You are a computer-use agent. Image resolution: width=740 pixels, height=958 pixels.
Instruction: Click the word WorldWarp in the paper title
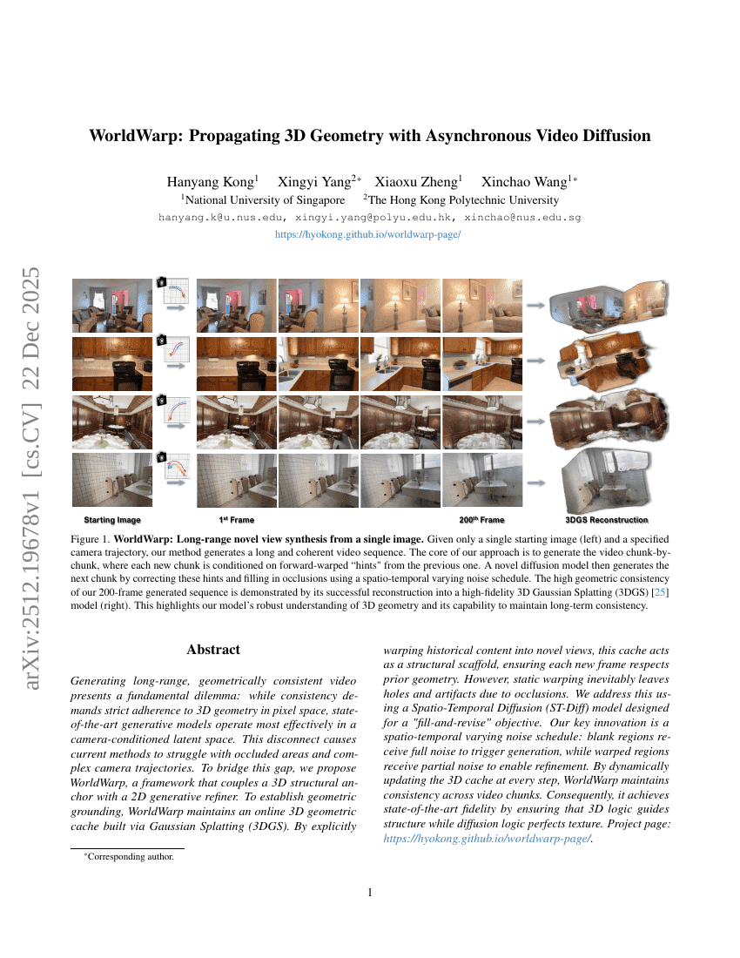tap(136, 136)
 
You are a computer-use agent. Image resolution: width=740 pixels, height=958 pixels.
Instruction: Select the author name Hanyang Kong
tap(212, 182)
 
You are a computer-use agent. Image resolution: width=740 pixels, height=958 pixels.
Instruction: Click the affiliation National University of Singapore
tap(263, 200)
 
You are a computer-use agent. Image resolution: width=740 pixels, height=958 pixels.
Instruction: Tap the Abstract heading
tap(213, 650)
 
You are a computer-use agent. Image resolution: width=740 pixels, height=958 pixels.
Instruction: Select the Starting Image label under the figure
tap(112, 520)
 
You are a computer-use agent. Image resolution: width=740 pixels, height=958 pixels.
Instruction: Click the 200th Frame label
tap(481, 520)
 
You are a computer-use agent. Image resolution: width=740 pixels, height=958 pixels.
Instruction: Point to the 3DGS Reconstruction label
tap(607, 520)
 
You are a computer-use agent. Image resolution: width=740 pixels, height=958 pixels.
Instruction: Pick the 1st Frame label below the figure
tap(236, 520)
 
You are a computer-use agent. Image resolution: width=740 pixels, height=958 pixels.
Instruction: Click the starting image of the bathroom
tap(112, 480)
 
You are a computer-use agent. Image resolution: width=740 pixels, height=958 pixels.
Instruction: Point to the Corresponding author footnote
tap(128, 857)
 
